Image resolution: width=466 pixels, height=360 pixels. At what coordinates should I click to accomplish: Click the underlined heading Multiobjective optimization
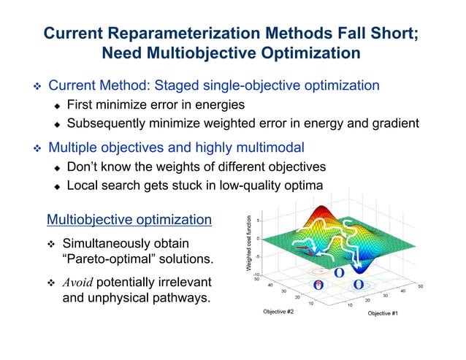pos(129,219)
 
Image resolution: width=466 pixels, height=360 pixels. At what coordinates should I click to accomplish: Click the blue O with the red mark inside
pos(318,284)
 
